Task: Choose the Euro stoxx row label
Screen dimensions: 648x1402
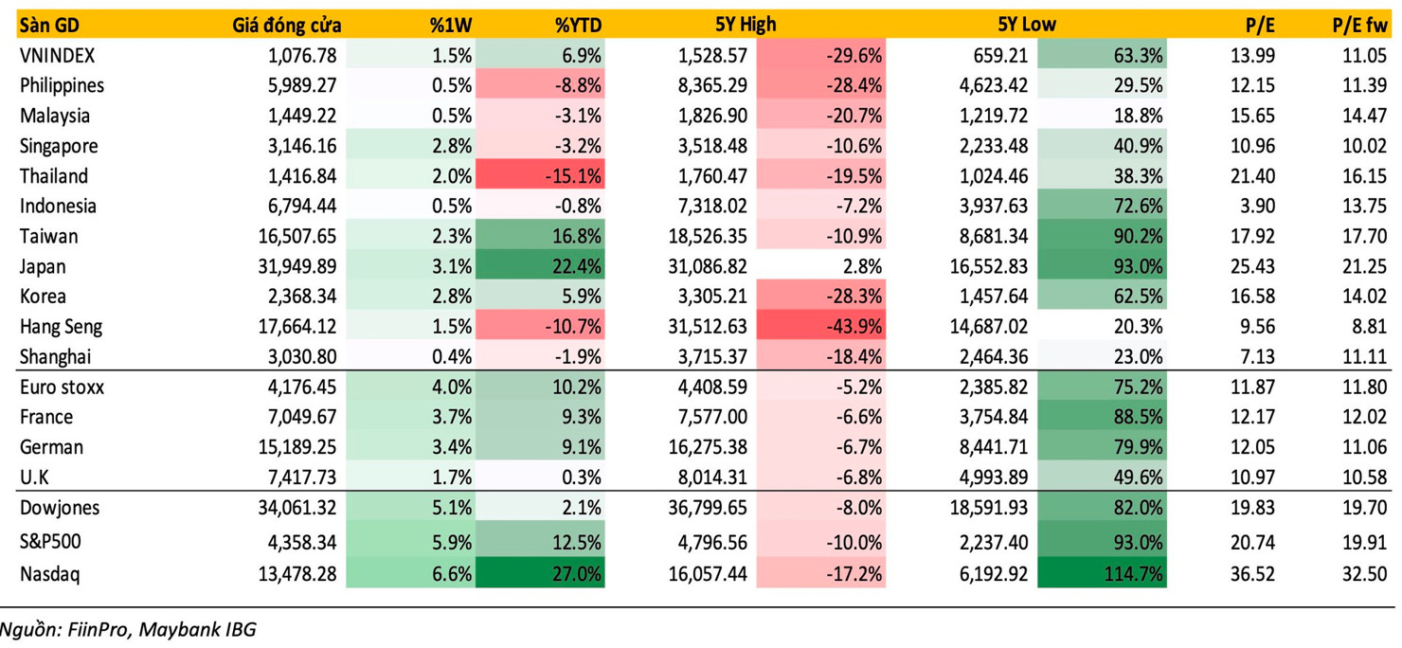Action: [62, 387]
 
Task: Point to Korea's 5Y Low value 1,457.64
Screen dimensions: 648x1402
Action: [987, 297]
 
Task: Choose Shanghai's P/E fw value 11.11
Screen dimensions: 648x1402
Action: [1365, 357]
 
